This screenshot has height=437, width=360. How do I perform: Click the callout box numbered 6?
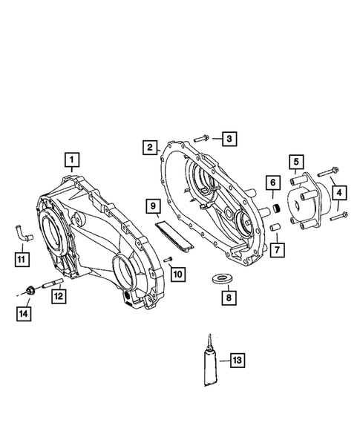pos(272,182)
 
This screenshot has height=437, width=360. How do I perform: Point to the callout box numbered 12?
pos(57,296)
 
